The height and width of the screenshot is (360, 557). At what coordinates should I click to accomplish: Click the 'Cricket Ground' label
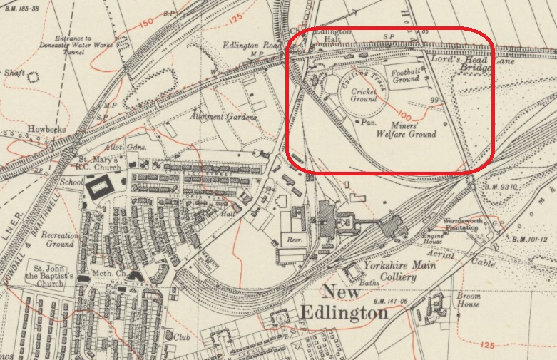[363, 95]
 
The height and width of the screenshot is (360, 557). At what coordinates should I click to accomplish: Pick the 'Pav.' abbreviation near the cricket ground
[368, 123]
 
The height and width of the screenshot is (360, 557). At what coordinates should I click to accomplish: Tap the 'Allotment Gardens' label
[213, 115]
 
